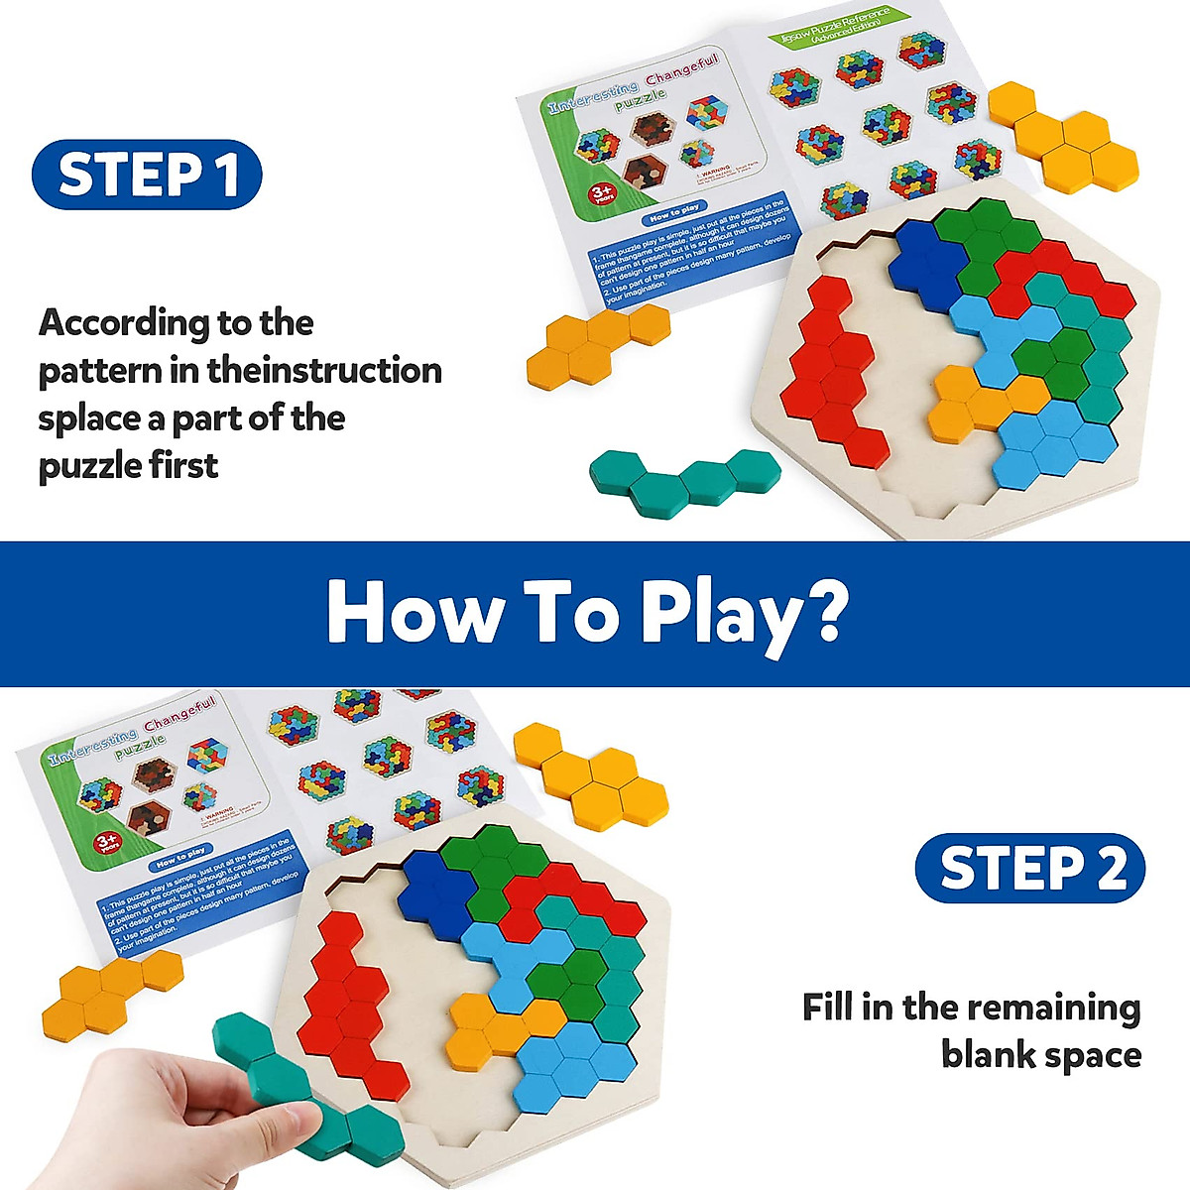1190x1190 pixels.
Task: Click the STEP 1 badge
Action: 147,175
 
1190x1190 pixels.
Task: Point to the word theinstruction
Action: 324,371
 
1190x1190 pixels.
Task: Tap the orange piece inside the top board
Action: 977,402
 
